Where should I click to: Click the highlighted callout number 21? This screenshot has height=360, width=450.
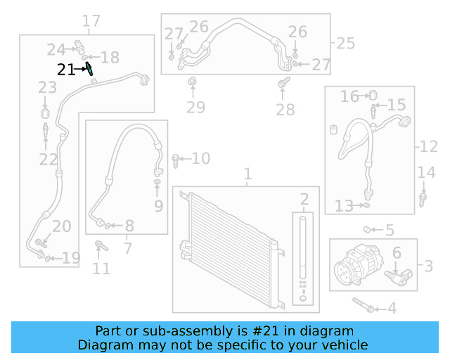[66, 70]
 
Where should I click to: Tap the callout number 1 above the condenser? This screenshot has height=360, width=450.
[247, 174]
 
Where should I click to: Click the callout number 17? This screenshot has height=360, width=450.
[91, 22]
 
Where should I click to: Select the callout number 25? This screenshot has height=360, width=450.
[345, 44]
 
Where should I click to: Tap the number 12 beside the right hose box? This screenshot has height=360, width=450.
[429, 147]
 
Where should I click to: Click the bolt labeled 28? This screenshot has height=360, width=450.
[283, 86]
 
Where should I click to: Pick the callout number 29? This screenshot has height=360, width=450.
[195, 108]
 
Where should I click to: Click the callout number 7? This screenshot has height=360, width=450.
[127, 248]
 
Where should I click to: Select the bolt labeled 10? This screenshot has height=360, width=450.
[175, 160]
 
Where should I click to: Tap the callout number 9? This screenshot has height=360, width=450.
[158, 206]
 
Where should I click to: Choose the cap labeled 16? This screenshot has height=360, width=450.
[373, 94]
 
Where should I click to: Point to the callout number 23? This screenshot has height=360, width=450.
[47, 88]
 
